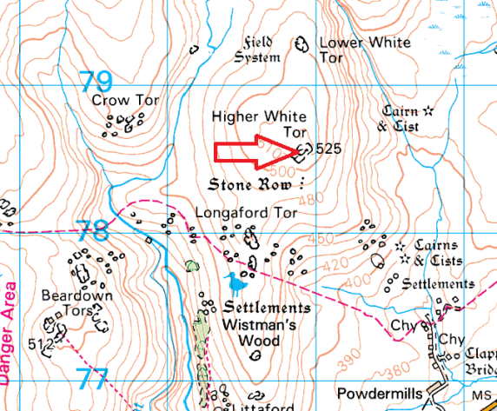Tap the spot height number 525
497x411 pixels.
click(x=328, y=149)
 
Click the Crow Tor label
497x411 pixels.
click(x=126, y=101)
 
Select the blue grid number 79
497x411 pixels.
click(x=96, y=83)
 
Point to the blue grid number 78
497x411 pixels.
click(x=92, y=231)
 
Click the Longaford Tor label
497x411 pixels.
click(x=247, y=212)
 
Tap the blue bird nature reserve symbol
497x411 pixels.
click(x=234, y=282)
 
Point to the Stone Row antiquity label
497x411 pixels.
click(x=256, y=185)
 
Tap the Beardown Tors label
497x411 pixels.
click(x=77, y=303)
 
